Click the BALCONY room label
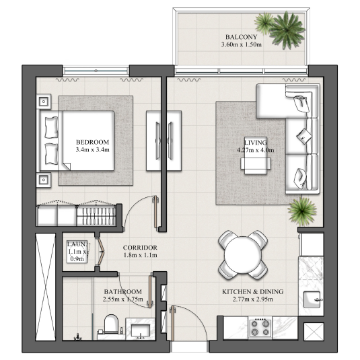tap(241, 37)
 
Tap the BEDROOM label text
tap(92, 142)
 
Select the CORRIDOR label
tap(140, 248)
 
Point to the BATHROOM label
tap(123, 291)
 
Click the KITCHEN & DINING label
tap(253, 291)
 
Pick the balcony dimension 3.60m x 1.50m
tap(242, 44)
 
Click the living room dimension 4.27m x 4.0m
tap(255, 150)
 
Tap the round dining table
tap(243, 254)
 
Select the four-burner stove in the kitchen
tap(260, 328)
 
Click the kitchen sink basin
tap(312, 299)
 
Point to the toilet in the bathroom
tap(111, 324)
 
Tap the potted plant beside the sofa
tap(302, 211)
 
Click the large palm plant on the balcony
tap(287, 30)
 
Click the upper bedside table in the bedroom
tap(44, 101)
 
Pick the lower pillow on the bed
tap(51, 154)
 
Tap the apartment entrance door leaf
tap(172, 324)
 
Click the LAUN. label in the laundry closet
tap(77, 244)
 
